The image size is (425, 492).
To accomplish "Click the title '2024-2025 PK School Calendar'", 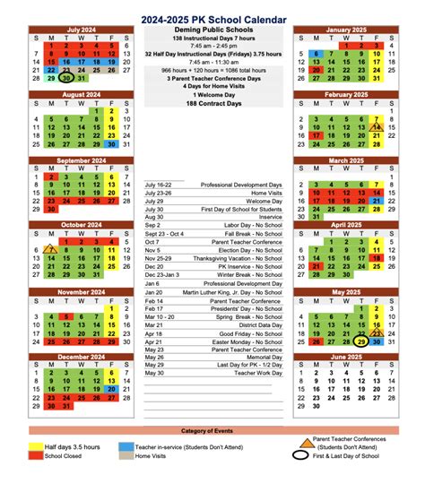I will (x=212, y=17).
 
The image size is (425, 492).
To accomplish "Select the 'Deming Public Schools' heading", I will (x=212, y=30).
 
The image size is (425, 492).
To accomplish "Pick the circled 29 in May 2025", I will (x=360, y=341).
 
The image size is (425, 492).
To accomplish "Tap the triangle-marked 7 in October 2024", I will (x=50, y=250).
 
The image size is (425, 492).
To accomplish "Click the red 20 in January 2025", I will (x=315, y=68).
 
